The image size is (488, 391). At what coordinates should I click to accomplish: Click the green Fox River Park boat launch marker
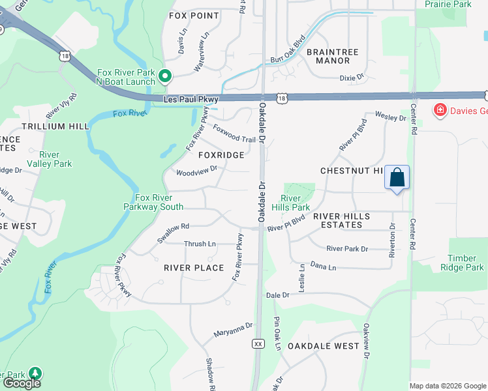[165, 77]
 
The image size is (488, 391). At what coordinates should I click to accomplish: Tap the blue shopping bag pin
[397, 177]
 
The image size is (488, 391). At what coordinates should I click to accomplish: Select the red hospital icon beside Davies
[440, 110]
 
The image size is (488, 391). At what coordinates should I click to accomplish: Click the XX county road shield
[258, 343]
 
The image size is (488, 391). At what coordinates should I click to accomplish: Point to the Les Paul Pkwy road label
[189, 99]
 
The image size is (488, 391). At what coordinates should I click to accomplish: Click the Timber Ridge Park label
[466, 263]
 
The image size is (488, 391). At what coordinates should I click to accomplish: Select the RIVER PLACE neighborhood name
[194, 268]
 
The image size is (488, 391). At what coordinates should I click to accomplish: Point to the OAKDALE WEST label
[324, 346]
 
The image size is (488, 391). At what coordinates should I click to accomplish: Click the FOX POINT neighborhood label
[194, 15]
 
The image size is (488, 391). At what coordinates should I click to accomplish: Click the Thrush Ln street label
[200, 244]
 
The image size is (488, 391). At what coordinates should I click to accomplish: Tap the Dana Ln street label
[323, 267]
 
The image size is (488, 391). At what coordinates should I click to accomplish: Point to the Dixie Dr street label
[351, 78]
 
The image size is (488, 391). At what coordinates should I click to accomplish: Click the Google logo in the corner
[22, 383]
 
